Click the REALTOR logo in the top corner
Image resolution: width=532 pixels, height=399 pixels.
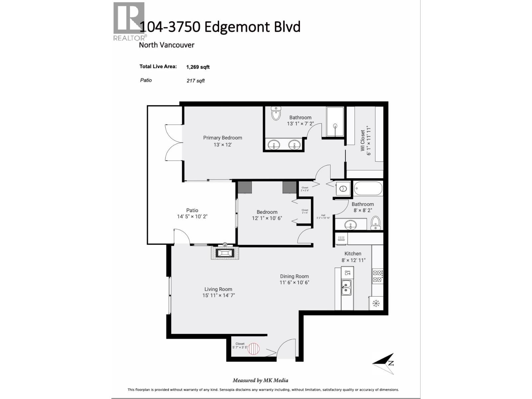129,21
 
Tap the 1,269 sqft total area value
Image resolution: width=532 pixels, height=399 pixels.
198,67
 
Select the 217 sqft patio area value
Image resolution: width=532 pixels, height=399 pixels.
196,81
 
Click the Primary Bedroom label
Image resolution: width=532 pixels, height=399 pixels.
222,138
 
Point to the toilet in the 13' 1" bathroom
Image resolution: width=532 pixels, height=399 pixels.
276,113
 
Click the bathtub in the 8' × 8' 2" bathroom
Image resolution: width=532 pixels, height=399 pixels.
368,189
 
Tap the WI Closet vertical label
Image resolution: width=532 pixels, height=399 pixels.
362,141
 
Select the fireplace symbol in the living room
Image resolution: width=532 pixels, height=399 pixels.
225,253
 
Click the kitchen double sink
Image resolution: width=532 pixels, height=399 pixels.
346,288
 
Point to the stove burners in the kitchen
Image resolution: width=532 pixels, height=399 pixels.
377,276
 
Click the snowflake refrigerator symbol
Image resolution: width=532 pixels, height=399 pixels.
376,303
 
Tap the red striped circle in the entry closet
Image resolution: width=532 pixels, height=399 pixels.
253,349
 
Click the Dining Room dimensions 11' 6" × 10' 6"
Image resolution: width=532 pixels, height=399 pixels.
294,283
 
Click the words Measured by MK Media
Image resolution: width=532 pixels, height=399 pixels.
260,380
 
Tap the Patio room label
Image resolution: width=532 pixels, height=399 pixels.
192,210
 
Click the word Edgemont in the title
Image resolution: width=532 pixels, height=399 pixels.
237,27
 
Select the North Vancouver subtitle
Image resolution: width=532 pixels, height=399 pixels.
166,45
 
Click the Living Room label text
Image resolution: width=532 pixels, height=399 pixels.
218,289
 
